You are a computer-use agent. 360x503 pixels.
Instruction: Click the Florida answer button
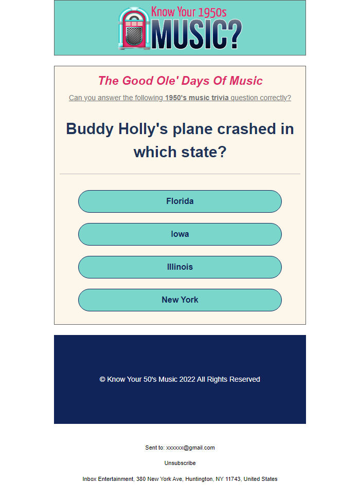pyautogui.click(x=180, y=201)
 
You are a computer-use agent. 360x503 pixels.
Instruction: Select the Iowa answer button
pyautogui.click(x=180, y=234)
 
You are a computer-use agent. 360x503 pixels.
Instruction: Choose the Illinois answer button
pyautogui.click(x=180, y=267)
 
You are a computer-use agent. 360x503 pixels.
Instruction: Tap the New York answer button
pyautogui.click(x=180, y=300)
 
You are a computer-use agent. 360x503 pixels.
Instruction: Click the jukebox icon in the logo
pyautogui.click(x=134, y=29)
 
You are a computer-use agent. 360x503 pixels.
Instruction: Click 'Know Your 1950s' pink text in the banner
pyautogui.click(x=189, y=12)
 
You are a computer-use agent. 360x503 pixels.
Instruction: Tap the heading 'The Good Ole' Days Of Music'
pyautogui.click(x=180, y=81)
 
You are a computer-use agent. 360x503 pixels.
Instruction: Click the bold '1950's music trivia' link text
pyautogui.click(x=197, y=98)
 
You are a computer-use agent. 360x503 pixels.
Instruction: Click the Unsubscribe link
pyautogui.click(x=180, y=463)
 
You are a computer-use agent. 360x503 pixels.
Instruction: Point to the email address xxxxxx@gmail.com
pyautogui.click(x=190, y=448)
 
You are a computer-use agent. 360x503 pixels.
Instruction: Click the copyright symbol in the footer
pyautogui.click(x=102, y=380)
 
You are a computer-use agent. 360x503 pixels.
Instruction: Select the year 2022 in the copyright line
pyautogui.click(x=187, y=380)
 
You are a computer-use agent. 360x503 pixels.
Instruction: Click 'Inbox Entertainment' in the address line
pyautogui.click(x=107, y=479)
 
